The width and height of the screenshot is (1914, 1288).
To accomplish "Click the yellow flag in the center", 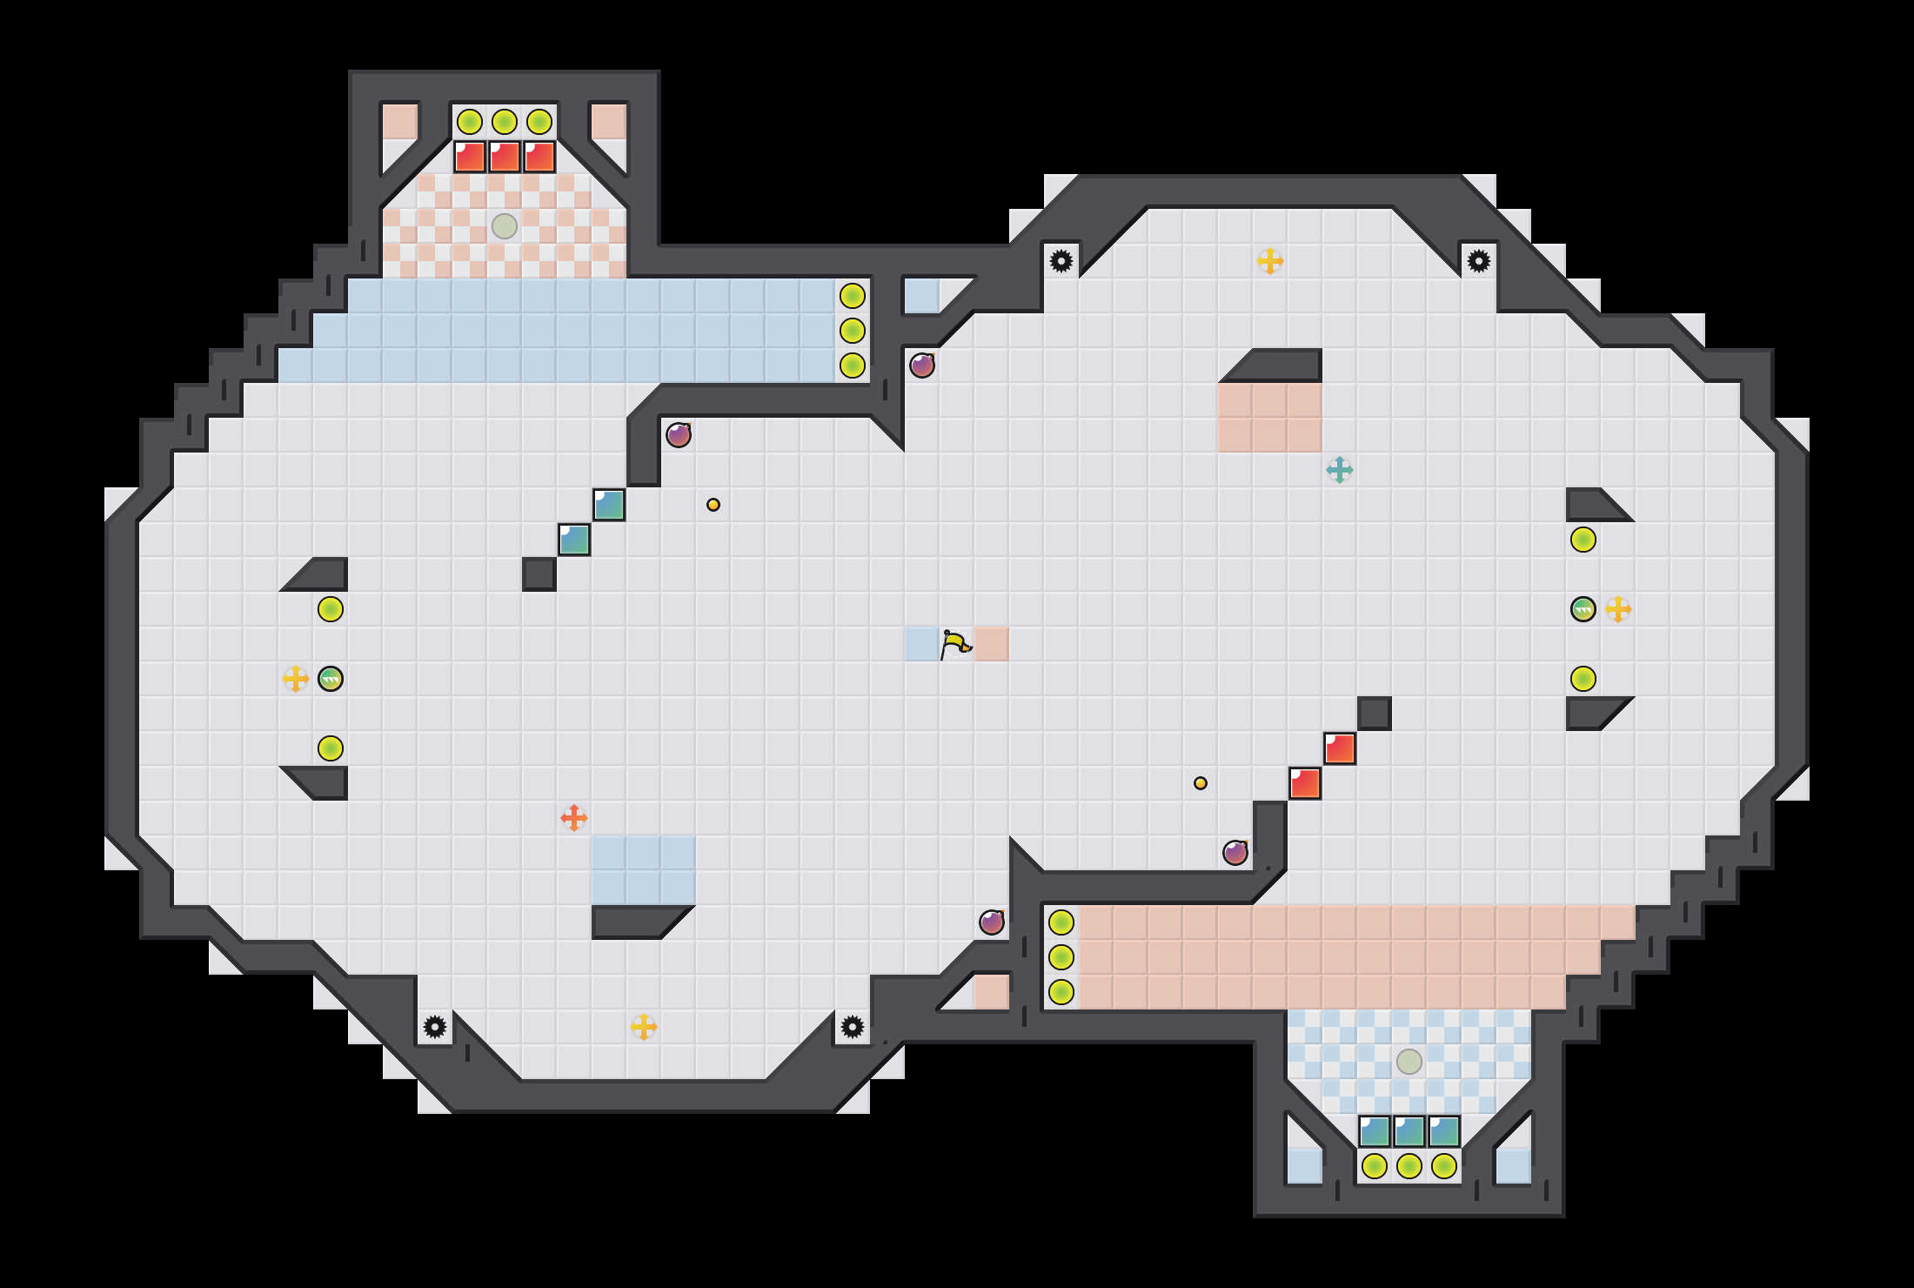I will pyautogui.click(x=955, y=644).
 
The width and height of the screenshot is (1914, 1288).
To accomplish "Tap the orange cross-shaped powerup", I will pyautogui.click(x=574, y=818).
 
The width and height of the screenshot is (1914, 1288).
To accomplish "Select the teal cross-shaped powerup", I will pyautogui.click(x=1340, y=470).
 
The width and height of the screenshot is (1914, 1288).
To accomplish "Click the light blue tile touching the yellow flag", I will pyautogui.click(x=920, y=644).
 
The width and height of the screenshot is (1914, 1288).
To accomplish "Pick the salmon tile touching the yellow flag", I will pyautogui.click(x=992, y=644).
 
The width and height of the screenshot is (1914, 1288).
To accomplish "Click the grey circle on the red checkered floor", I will pyautogui.click(x=505, y=226).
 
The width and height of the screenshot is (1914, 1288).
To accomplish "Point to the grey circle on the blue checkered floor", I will pyautogui.click(x=1409, y=1062).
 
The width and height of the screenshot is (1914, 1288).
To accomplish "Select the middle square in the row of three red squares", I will pyautogui.click(x=505, y=157).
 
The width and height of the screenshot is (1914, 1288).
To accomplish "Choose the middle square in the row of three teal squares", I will pyautogui.click(x=1409, y=1131).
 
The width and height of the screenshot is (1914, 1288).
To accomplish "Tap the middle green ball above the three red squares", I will pyautogui.click(x=505, y=122).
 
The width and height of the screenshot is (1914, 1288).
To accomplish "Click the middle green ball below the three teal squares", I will pyautogui.click(x=1409, y=1166).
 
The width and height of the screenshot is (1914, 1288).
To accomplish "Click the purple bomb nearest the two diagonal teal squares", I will pyautogui.click(x=679, y=434).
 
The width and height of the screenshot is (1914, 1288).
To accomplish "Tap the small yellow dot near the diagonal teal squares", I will pyautogui.click(x=713, y=505).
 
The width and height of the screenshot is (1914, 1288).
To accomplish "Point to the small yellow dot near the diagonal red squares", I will pyautogui.click(x=1201, y=783).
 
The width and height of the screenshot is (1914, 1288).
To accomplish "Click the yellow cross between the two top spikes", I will pyautogui.click(x=1270, y=261).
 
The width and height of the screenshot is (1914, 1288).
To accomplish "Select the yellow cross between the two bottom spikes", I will pyautogui.click(x=644, y=1027).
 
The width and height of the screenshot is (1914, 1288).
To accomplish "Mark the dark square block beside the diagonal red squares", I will pyautogui.click(x=1375, y=714).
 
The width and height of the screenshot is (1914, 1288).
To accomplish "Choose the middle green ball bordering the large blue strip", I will pyautogui.click(x=853, y=331).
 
